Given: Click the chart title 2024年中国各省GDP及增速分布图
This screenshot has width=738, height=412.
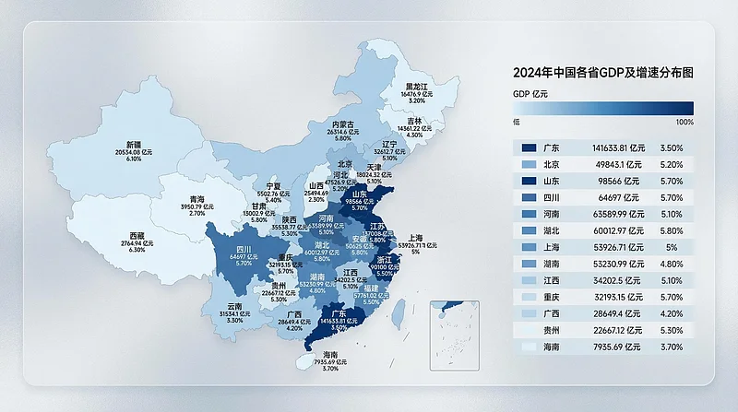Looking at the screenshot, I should coord(602,72).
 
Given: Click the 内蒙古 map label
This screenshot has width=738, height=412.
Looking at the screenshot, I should coord(343,124).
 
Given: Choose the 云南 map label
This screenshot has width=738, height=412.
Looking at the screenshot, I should coord(233,306).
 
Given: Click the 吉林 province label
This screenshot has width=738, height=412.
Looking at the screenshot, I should coord(414,121).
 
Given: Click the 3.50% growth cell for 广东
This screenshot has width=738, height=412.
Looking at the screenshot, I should coord(672,147).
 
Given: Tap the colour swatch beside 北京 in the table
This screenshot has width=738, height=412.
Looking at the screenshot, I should coord(529,164).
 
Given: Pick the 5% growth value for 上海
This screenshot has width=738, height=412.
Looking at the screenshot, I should coord(672,248).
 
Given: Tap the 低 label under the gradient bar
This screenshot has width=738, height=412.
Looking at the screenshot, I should coord(517,122).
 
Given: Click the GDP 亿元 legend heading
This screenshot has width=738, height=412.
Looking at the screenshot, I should coord(530,94).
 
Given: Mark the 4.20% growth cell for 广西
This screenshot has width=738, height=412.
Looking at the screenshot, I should coord(672,314).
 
